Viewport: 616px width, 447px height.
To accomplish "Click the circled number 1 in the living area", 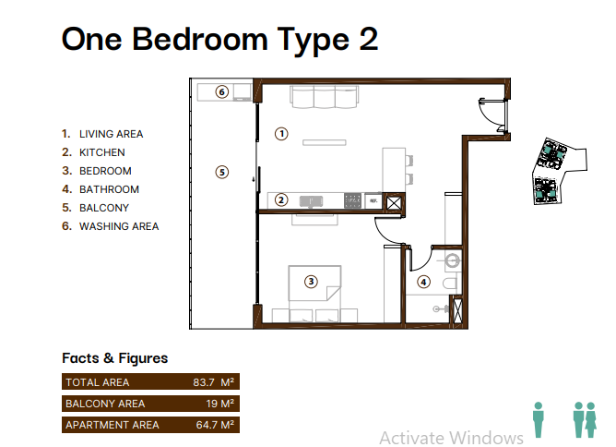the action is point(281,134).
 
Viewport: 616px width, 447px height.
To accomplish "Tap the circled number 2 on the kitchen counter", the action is point(281,200).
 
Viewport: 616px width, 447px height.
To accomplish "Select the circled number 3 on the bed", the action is point(311,282).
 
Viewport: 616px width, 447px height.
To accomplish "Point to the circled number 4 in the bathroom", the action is point(423,282).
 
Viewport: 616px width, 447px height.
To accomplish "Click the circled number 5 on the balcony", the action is point(222,172).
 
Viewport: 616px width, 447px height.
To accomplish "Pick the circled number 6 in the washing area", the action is point(222,92).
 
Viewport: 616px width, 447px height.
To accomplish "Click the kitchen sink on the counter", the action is point(311,201).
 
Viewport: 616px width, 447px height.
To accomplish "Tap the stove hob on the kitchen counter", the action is point(352,200).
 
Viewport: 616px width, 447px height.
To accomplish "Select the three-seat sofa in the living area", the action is point(325,97).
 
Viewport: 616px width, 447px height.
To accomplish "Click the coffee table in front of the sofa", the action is point(325,142).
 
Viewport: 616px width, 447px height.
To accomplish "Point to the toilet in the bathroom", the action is point(450,284).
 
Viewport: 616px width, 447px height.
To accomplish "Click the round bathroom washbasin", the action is point(453,260).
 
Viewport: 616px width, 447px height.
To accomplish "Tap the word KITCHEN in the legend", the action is point(102,152).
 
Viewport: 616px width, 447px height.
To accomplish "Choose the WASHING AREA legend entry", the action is point(111,226).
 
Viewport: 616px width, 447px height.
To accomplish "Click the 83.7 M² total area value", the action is point(213,382).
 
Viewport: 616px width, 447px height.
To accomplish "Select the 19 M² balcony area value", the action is point(220,404).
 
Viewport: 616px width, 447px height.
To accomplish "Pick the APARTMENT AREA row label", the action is point(113,425).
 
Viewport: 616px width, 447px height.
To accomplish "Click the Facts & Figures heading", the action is point(114,358).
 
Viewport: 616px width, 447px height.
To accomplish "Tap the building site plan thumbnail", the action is point(559,171).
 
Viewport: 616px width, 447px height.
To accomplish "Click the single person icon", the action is point(539,419).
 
